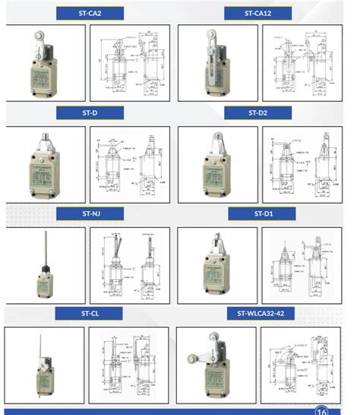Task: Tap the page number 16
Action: click(x=322, y=410)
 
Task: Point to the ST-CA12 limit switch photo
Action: click(x=214, y=61)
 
